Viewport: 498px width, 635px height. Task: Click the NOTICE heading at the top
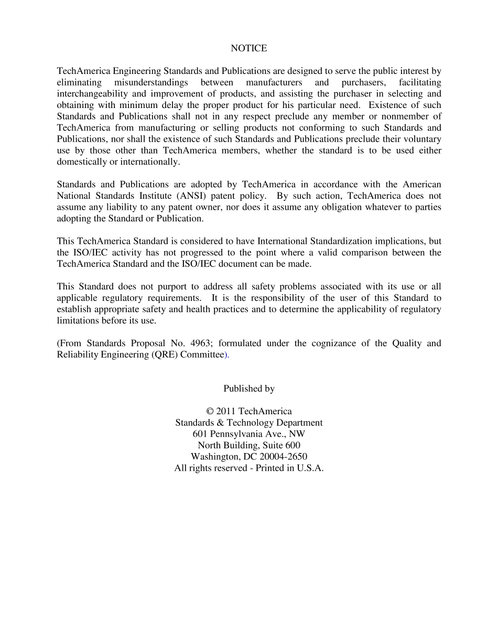[x=248, y=48]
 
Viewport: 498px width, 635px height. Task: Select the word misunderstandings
[x=151, y=82]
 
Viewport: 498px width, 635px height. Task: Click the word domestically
[x=81, y=162]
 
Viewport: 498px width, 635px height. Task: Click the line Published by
[x=248, y=389]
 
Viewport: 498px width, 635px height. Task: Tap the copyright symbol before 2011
[x=210, y=412]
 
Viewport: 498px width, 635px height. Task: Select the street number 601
[x=200, y=434]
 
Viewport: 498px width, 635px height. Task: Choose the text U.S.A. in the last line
[x=310, y=468]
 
